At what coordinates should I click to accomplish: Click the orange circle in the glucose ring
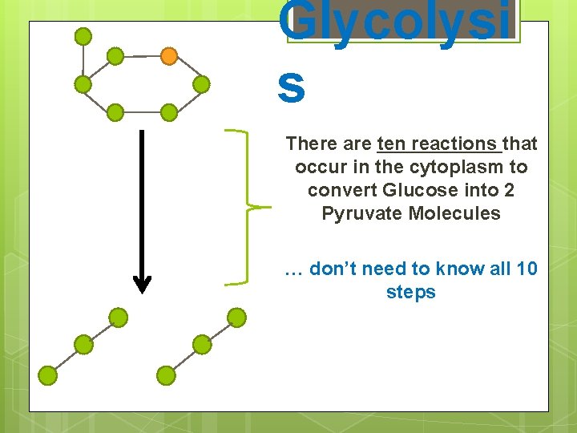click(168, 56)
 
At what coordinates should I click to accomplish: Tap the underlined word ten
click(391, 144)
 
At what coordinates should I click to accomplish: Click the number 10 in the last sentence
click(527, 269)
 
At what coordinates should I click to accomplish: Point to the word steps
click(410, 293)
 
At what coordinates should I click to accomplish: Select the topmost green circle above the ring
click(83, 35)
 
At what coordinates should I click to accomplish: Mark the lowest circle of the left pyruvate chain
click(48, 374)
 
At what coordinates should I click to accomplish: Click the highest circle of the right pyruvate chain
click(236, 318)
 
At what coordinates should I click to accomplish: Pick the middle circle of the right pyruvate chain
click(202, 345)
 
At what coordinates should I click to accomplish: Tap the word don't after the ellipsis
click(334, 269)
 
